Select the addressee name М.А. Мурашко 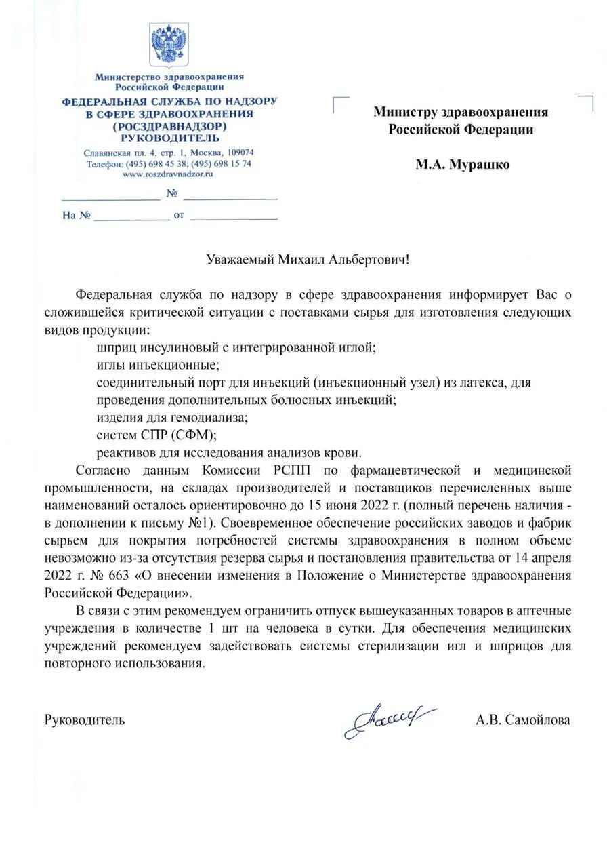point(463,165)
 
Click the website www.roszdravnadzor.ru point(168,174)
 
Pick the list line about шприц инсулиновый point(236,348)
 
